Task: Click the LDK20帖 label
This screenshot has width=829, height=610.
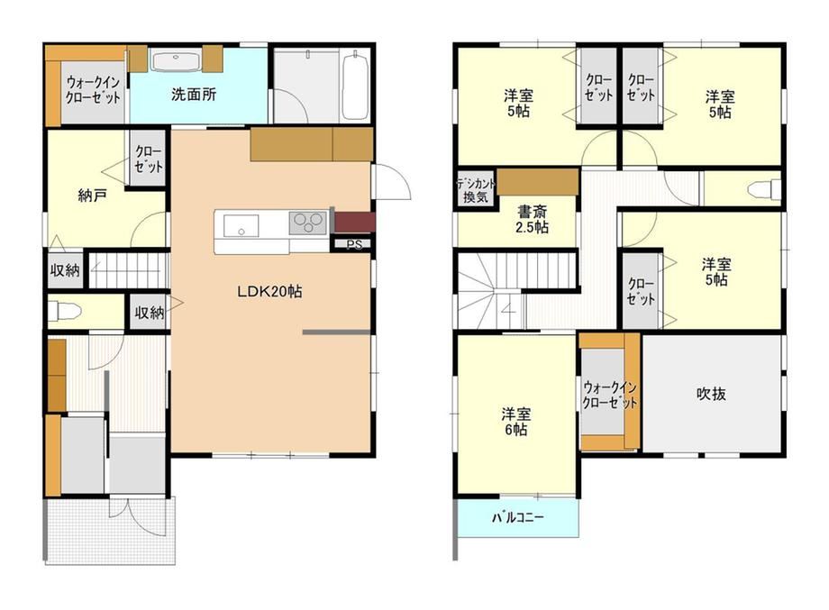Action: (269, 291)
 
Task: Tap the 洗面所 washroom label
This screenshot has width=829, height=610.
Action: (194, 95)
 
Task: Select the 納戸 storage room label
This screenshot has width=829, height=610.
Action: (93, 196)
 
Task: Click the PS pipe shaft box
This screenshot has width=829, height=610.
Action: (354, 245)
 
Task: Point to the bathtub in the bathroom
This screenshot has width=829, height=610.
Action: (355, 85)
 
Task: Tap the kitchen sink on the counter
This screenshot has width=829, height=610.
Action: (241, 226)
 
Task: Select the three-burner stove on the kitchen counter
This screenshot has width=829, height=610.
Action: (307, 223)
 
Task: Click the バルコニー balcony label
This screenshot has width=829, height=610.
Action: (517, 517)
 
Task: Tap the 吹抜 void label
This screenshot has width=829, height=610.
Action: (711, 394)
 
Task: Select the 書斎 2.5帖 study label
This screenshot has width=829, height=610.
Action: (532, 219)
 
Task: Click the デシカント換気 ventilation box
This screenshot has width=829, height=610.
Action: (476, 190)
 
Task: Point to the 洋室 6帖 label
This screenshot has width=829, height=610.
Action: (515, 422)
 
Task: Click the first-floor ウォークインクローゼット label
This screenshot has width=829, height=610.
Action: (93, 90)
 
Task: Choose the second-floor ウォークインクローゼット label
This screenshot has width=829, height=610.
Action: (610, 395)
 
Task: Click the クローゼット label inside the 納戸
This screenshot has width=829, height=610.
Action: (149, 159)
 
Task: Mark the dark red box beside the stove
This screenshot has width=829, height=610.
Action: (355, 222)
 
